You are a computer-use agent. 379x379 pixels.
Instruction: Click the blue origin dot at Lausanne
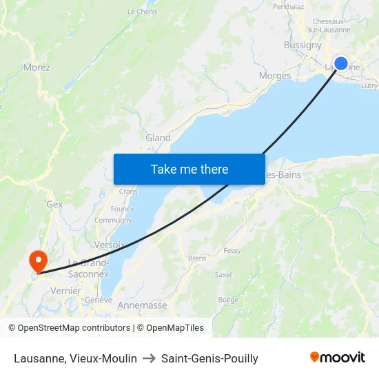pos(340,63)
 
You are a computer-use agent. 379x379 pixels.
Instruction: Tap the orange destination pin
pos(37,260)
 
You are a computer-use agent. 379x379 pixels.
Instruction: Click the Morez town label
pos(37,68)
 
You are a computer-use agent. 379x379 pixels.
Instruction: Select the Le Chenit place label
pos(143,12)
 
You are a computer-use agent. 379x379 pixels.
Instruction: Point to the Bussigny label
pos(303,45)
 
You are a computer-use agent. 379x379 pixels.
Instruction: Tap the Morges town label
pos(274,76)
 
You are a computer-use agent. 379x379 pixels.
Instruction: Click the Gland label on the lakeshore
pos(158,138)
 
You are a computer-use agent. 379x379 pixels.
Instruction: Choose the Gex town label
pos(54,205)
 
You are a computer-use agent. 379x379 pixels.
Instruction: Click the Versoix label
pos(110,245)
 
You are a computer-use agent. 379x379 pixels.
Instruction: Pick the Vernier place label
pos(66,291)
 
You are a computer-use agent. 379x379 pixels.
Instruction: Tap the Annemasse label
pos(143,305)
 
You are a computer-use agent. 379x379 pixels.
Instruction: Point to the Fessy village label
pos(232,251)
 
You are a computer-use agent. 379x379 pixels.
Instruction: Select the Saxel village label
pos(223,274)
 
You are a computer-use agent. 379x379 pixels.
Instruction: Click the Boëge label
pos(228,300)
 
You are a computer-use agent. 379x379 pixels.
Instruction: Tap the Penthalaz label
pos(288,7)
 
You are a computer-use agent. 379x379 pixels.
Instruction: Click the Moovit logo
pos(338,358)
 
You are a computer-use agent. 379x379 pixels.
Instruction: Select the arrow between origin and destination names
pos(149,358)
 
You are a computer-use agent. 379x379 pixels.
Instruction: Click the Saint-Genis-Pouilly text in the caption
pos(209,358)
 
